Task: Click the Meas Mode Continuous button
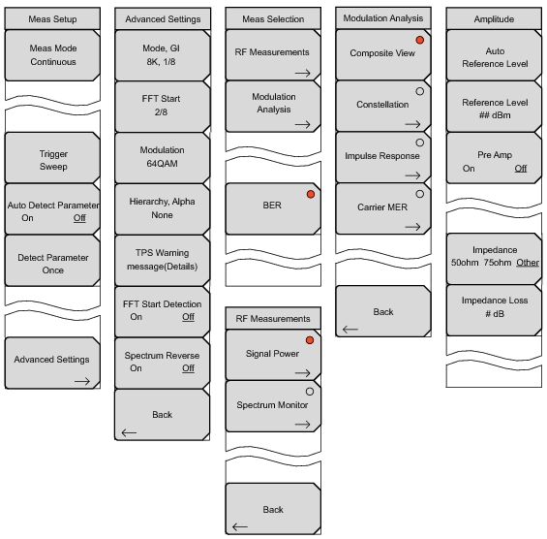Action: click(52, 54)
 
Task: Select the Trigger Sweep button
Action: click(52, 159)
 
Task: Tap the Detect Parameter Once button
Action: click(52, 264)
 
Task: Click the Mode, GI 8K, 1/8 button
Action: click(162, 54)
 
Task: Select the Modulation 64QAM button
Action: click(162, 159)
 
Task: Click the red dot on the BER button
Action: click(311, 196)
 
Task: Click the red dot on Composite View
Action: click(421, 41)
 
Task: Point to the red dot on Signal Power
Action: click(311, 341)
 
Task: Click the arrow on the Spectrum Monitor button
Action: click(301, 424)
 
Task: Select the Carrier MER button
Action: click(382, 207)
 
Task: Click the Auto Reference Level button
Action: click(493, 54)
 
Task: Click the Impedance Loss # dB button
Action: click(493, 308)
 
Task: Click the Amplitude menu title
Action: click(493, 18)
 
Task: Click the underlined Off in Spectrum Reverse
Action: click(188, 368)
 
